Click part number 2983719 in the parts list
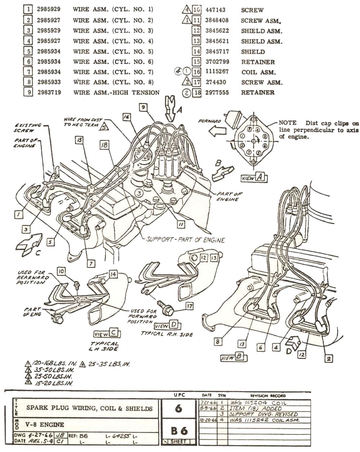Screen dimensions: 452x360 click(x=49, y=93)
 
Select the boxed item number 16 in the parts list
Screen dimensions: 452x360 click(x=197, y=72)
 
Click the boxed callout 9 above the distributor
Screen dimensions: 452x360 click(x=143, y=107)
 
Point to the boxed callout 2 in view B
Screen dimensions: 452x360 click(x=328, y=358)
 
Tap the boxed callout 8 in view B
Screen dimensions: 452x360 click(x=218, y=341)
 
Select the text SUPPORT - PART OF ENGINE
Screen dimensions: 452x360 click(x=185, y=240)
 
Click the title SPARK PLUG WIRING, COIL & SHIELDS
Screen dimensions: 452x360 click(x=89, y=408)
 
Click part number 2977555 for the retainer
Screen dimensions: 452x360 click(x=217, y=93)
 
